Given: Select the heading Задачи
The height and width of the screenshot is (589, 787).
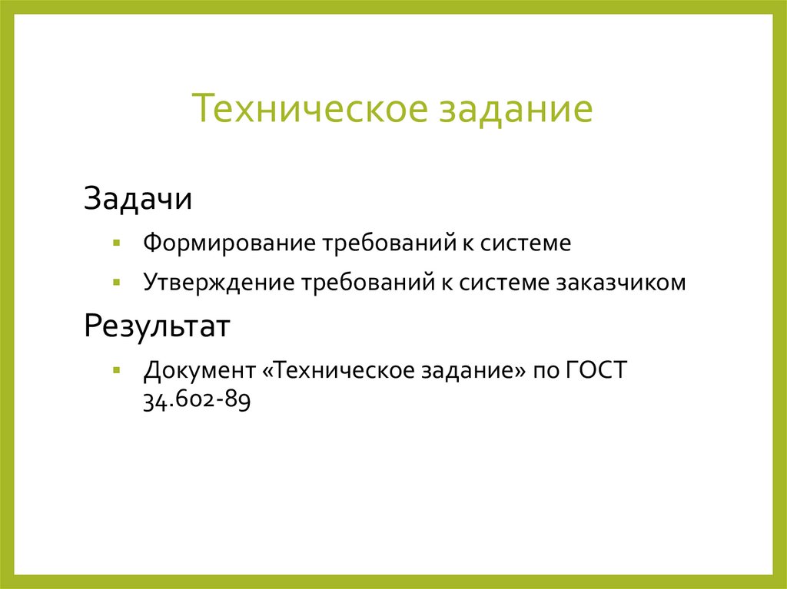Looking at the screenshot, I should click(138, 200).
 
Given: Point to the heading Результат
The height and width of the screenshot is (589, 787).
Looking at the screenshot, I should click(157, 328).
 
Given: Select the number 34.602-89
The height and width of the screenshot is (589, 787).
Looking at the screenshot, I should click(197, 400).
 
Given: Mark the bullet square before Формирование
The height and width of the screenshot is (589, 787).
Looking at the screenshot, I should click(116, 243).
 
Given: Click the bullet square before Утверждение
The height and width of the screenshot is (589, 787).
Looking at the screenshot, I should click(116, 282).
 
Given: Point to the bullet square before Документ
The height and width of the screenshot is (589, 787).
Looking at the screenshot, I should click(116, 370).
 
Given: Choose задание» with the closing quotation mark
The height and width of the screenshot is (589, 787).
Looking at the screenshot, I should click(472, 371).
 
